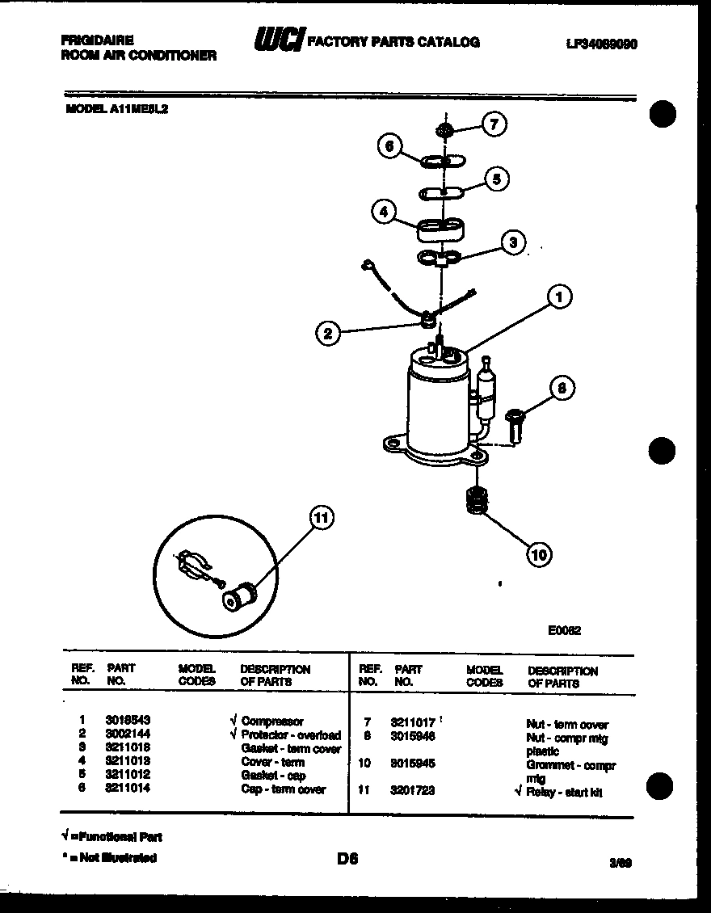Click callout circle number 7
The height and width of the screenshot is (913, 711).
tap(494, 124)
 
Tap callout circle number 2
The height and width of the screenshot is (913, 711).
tap(327, 333)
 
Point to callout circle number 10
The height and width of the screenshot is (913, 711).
tap(540, 553)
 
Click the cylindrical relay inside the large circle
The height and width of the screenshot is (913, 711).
tap(239, 597)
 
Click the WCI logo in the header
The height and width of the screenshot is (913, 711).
tap(277, 40)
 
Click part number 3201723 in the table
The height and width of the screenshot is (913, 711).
tap(412, 790)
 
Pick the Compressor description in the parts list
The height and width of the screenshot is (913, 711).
tap(272, 722)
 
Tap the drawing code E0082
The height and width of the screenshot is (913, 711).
tap(564, 632)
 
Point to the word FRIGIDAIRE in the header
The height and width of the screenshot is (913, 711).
tap(97, 40)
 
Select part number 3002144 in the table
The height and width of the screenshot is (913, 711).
tap(128, 734)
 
